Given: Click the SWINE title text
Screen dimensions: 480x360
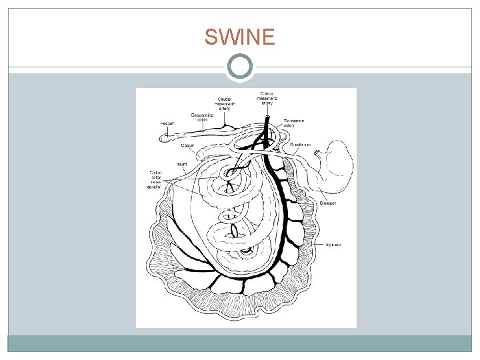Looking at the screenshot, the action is tap(239, 38).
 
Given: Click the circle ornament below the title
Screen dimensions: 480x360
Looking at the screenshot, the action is tap(240, 67).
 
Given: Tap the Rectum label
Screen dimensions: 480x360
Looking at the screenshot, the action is tap(167, 124).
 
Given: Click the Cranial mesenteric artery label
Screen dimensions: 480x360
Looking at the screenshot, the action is tap(267, 98).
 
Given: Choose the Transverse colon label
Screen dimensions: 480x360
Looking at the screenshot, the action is tap(293, 123).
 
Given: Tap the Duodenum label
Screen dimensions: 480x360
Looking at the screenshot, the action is tap(301, 143).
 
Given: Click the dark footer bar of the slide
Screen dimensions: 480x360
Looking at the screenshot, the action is tap(240, 343).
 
